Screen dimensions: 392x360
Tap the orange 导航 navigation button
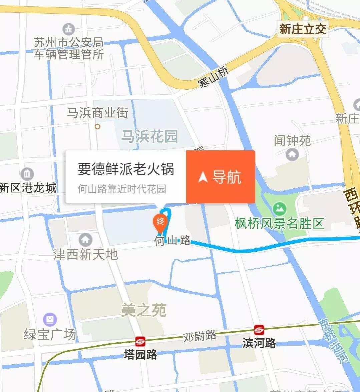click(x=221, y=177)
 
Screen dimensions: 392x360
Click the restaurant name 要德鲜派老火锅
click(x=126, y=169)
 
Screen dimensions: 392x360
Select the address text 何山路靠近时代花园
click(x=122, y=189)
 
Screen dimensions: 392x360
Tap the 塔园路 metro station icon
click(x=140, y=341)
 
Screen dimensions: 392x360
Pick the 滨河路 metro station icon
click(x=259, y=330)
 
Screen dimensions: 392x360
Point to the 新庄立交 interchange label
click(x=303, y=29)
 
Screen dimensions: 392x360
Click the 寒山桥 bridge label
click(x=213, y=77)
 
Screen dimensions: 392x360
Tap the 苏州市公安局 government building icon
click(x=69, y=29)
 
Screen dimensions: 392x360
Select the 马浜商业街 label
click(x=97, y=113)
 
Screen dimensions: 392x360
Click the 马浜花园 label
click(x=149, y=136)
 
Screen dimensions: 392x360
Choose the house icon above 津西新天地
click(x=85, y=239)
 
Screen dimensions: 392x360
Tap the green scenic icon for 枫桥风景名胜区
click(x=279, y=209)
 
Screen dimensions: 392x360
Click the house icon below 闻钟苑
click(x=293, y=154)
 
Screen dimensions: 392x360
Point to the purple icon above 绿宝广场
click(x=50, y=319)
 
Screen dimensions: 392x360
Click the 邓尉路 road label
click(x=200, y=336)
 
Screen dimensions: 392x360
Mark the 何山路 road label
click(x=172, y=241)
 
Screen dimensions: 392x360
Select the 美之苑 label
click(x=143, y=311)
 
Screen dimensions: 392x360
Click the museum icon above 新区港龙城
click(x=27, y=174)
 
